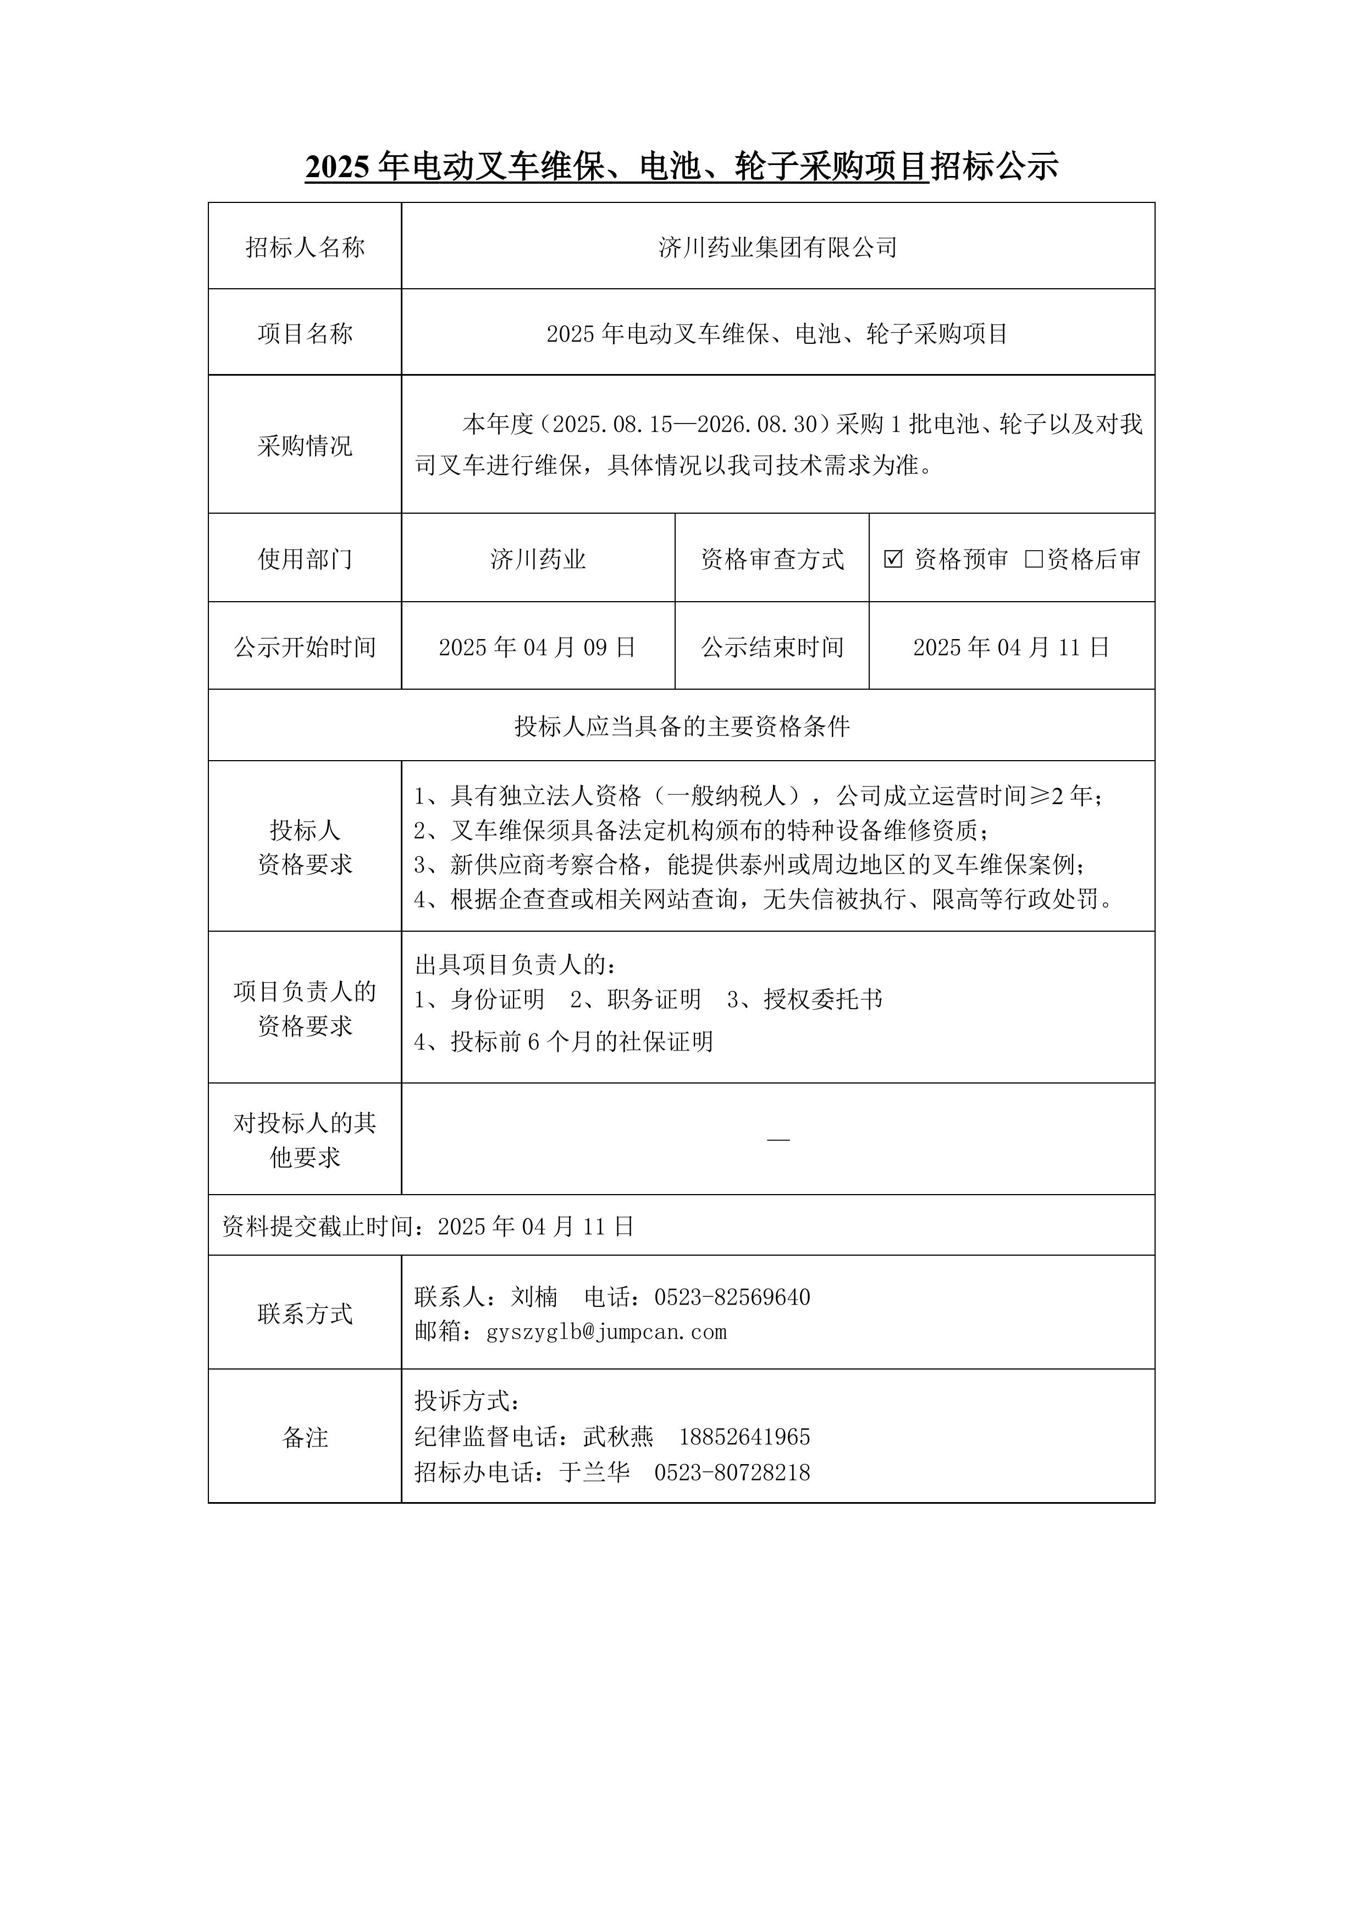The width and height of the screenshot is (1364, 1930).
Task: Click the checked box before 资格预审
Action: pyautogui.click(x=893, y=559)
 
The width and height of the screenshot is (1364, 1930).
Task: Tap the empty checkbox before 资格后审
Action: pyautogui.click(x=1034, y=559)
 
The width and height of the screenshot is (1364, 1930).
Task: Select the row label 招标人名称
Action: pyautogui.click(x=305, y=247)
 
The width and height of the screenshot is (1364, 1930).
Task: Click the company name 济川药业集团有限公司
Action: pyautogui.click(x=777, y=247)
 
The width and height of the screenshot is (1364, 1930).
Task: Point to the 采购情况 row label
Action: pyautogui.click(x=305, y=446)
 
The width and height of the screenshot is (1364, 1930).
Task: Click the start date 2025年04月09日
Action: pyautogui.click(x=537, y=647)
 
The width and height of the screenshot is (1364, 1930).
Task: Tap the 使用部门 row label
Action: pyautogui.click(x=305, y=559)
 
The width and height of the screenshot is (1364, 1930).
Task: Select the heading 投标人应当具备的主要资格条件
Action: pyautogui.click(x=682, y=726)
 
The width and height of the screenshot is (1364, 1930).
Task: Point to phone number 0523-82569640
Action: pyautogui.click(x=732, y=1297)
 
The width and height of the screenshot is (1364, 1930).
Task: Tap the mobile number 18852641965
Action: pyautogui.click(x=744, y=1437)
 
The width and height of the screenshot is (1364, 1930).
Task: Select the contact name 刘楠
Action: pyautogui.click(x=534, y=1297)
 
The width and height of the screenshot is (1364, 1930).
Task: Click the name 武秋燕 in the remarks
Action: pyautogui.click(x=618, y=1437)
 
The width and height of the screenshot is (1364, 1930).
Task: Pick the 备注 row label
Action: pyautogui.click(x=305, y=1437)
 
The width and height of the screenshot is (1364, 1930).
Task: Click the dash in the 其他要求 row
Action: pyautogui.click(x=778, y=1140)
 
